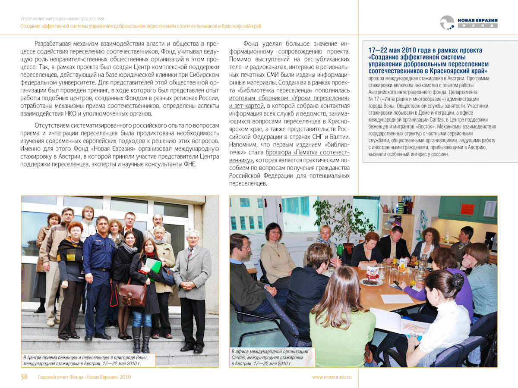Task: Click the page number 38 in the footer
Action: [x=24, y=377]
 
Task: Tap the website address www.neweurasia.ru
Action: [x=332, y=377]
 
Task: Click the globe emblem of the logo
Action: [x=447, y=22]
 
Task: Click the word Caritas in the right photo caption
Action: [x=240, y=358]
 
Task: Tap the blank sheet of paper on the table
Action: [x=396, y=298]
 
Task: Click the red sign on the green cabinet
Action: [x=467, y=209]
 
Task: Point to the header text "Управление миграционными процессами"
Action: [x=62, y=19]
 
